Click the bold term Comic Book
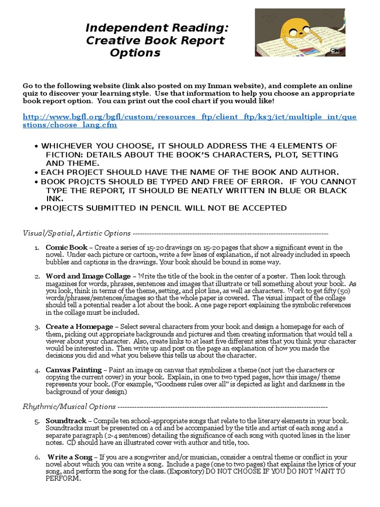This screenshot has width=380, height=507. (x=66, y=247)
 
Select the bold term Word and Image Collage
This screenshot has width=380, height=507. (x=88, y=276)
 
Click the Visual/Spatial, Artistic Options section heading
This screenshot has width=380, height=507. (x=77, y=233)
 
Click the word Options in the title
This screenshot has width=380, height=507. (x=135, y=53)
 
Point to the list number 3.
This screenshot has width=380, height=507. (x=37, y=327)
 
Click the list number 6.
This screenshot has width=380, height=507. (x=37, y=456)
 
